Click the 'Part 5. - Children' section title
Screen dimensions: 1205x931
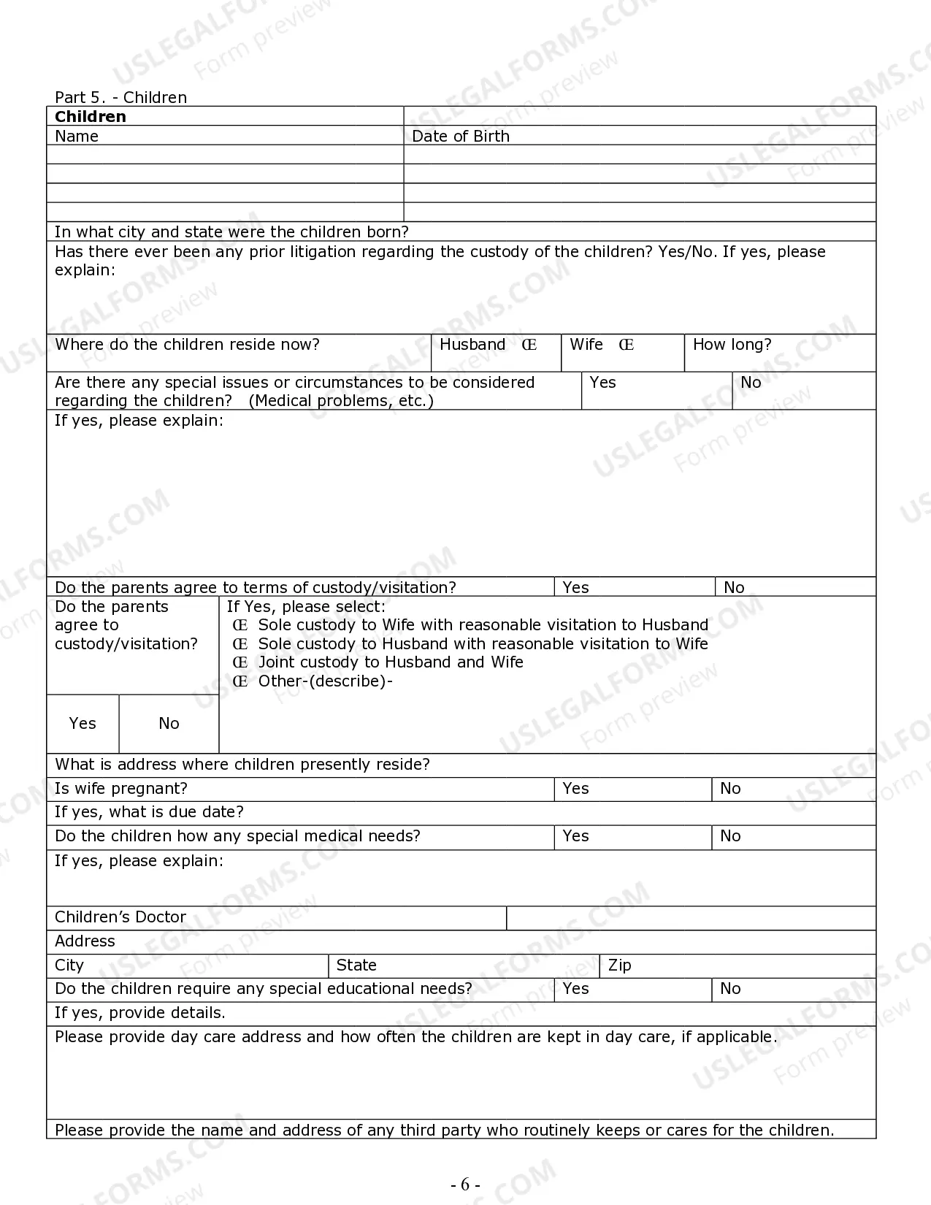[x=120, y=98]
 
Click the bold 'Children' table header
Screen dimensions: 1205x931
[x=91, y=117]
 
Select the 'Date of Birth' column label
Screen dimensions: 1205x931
[x=461, y=137]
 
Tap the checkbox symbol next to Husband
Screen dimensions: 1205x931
[x=529, y=345]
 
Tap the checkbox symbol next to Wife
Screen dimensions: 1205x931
[x=626, y=345]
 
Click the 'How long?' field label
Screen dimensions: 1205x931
[x=732, y=345]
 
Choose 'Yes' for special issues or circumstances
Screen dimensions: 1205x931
[x=603, y=383]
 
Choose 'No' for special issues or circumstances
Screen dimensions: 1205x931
[x=751, y=383]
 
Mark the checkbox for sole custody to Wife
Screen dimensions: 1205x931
[x=240, y=625]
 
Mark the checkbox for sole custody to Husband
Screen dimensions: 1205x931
[x=240, y=644]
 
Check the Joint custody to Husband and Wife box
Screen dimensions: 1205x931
[x=240, y=662]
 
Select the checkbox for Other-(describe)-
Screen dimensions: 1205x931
[x=240, y=681]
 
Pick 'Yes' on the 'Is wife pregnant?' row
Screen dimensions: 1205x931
[x=575, y=789]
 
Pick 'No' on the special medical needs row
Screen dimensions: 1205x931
[x=730, y=836]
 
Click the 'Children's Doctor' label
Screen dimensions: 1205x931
[x=120, y=917]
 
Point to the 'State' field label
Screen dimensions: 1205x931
[x=356, y=965]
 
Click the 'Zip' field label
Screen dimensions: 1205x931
[x=619, y=965]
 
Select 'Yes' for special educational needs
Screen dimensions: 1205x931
[x=575, y=989]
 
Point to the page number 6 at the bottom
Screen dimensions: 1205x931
[x=465, y=1185]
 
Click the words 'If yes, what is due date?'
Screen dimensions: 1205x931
[x=149, y=812]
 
